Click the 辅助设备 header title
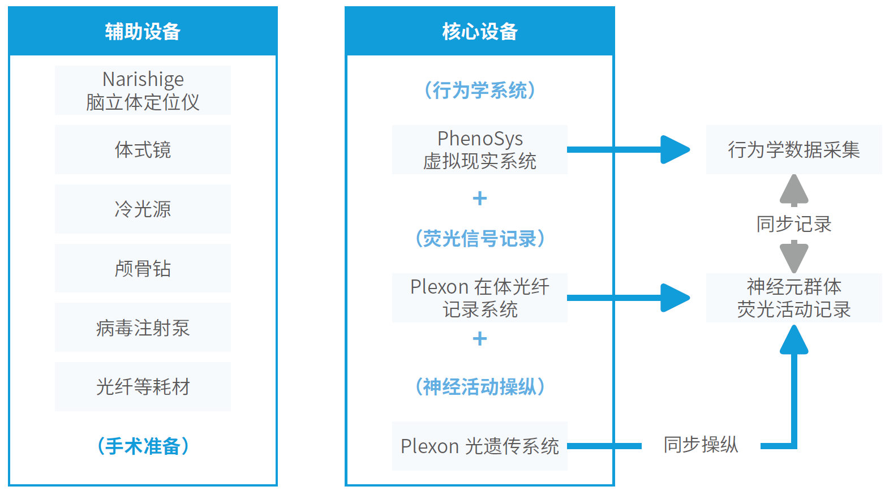tap(143, 31)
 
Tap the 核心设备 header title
tap(480, 31)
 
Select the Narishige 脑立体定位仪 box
tap(143, 90)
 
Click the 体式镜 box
tap(143, 149)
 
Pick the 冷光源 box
tap(143, 209)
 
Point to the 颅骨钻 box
tap(143, 268)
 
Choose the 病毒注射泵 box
tap(143, 327)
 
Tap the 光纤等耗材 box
tap(143, 387)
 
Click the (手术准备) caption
tap(143, 446)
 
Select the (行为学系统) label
tap(480, 90)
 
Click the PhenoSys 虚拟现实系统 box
tap(480, 149)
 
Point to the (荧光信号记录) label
tap(480, 238)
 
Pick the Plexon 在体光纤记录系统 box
tap(480, 298)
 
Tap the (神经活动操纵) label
tap(480, 387)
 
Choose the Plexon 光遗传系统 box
tap(480, 446)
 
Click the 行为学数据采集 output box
tap(794, 149)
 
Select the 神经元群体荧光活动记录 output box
tap(794, 298)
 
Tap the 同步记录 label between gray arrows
tap(794, 224)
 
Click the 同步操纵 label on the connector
tap(701, 445)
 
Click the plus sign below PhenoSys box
tap(480, 199)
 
